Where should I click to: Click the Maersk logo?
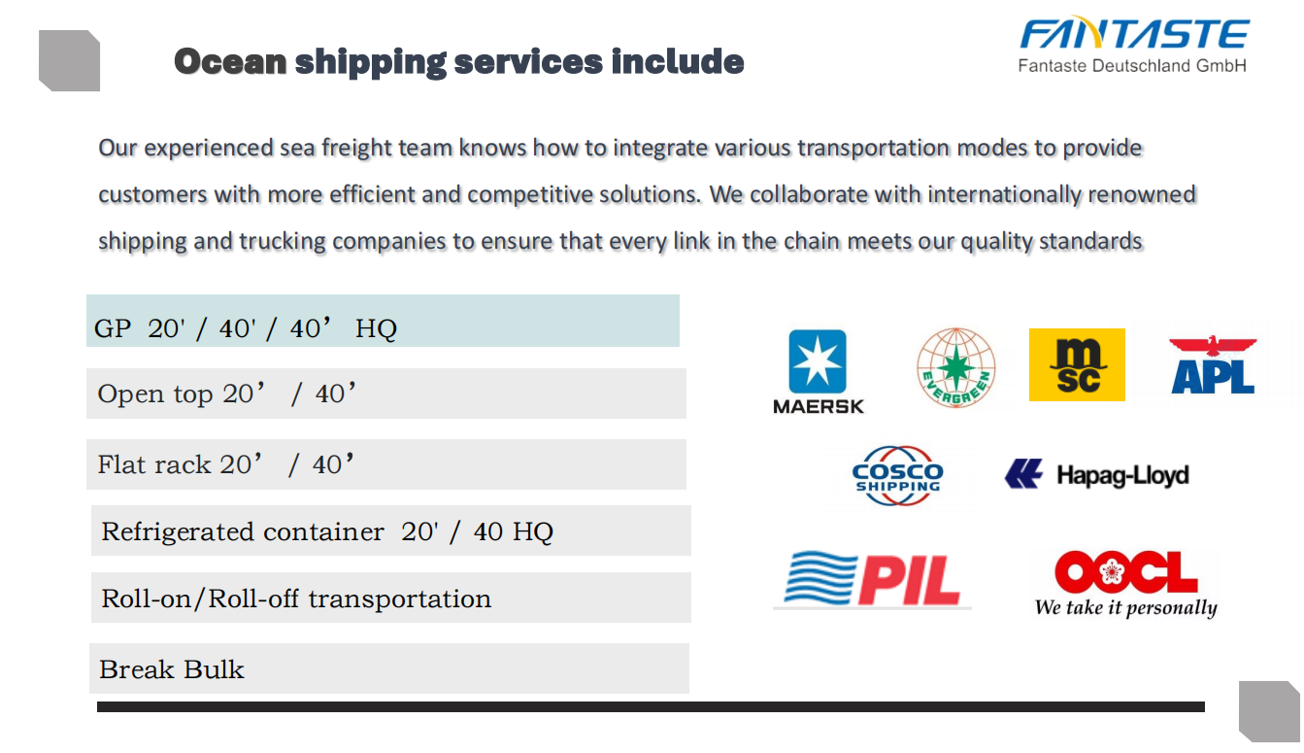tap(818, 372)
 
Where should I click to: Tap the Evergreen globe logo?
tap(955, 367)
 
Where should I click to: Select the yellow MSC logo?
tap(1077, 364)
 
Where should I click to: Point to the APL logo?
tap(1213, 365)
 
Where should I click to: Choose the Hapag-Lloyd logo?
tap(1097, 474)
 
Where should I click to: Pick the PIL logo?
tap(872, 579)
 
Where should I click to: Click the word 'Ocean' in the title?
tap(230, 62)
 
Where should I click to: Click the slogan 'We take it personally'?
tap(1126, 607)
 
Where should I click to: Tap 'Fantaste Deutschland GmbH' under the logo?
tap(1132, 66)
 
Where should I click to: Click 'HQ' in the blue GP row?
tap(376, 328)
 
